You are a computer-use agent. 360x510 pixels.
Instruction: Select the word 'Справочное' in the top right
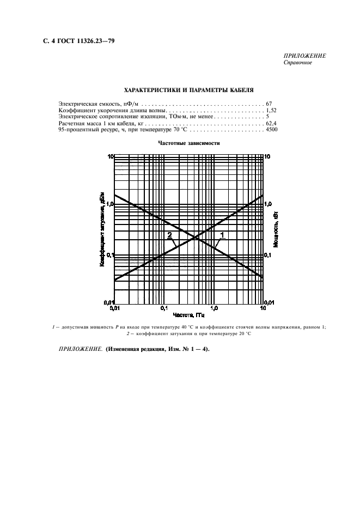coord(298,62)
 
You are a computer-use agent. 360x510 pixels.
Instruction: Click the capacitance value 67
coord(269,103)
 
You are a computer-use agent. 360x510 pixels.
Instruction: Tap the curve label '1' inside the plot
coord(222,235)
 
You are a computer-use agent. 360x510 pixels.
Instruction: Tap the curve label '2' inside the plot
coord(169,235)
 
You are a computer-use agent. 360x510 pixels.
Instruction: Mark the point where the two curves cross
coord(194,236)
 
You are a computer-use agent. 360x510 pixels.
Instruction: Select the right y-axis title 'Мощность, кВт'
coord(276,229)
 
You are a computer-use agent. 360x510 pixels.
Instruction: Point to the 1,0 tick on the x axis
coord(213,308)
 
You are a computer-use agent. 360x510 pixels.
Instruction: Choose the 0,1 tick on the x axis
coord(164,308)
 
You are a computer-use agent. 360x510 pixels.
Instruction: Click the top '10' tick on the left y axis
coord(110,156)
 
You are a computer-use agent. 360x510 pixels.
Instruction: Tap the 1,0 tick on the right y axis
coord(268,204)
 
